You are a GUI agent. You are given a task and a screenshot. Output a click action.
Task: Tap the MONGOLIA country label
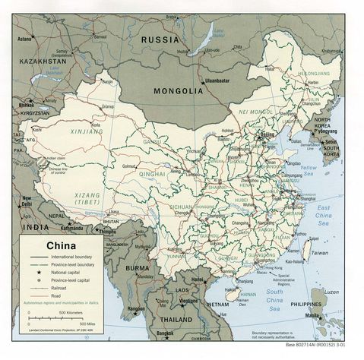click(179, 90)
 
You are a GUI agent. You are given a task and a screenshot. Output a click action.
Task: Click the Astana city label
click(25, 38)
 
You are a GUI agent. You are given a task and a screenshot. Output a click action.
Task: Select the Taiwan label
click(320, 252)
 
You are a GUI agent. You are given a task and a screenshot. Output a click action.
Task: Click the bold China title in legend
click(64, 245)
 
